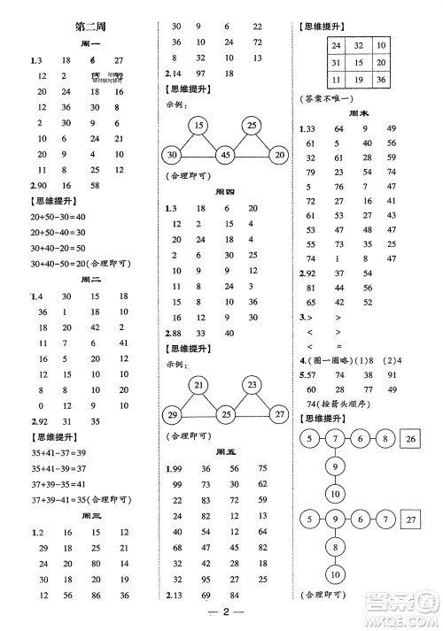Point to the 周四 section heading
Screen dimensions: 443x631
226,192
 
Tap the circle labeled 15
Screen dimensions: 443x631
200,124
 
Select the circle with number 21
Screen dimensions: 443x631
200,385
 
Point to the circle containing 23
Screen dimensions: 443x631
252,385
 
